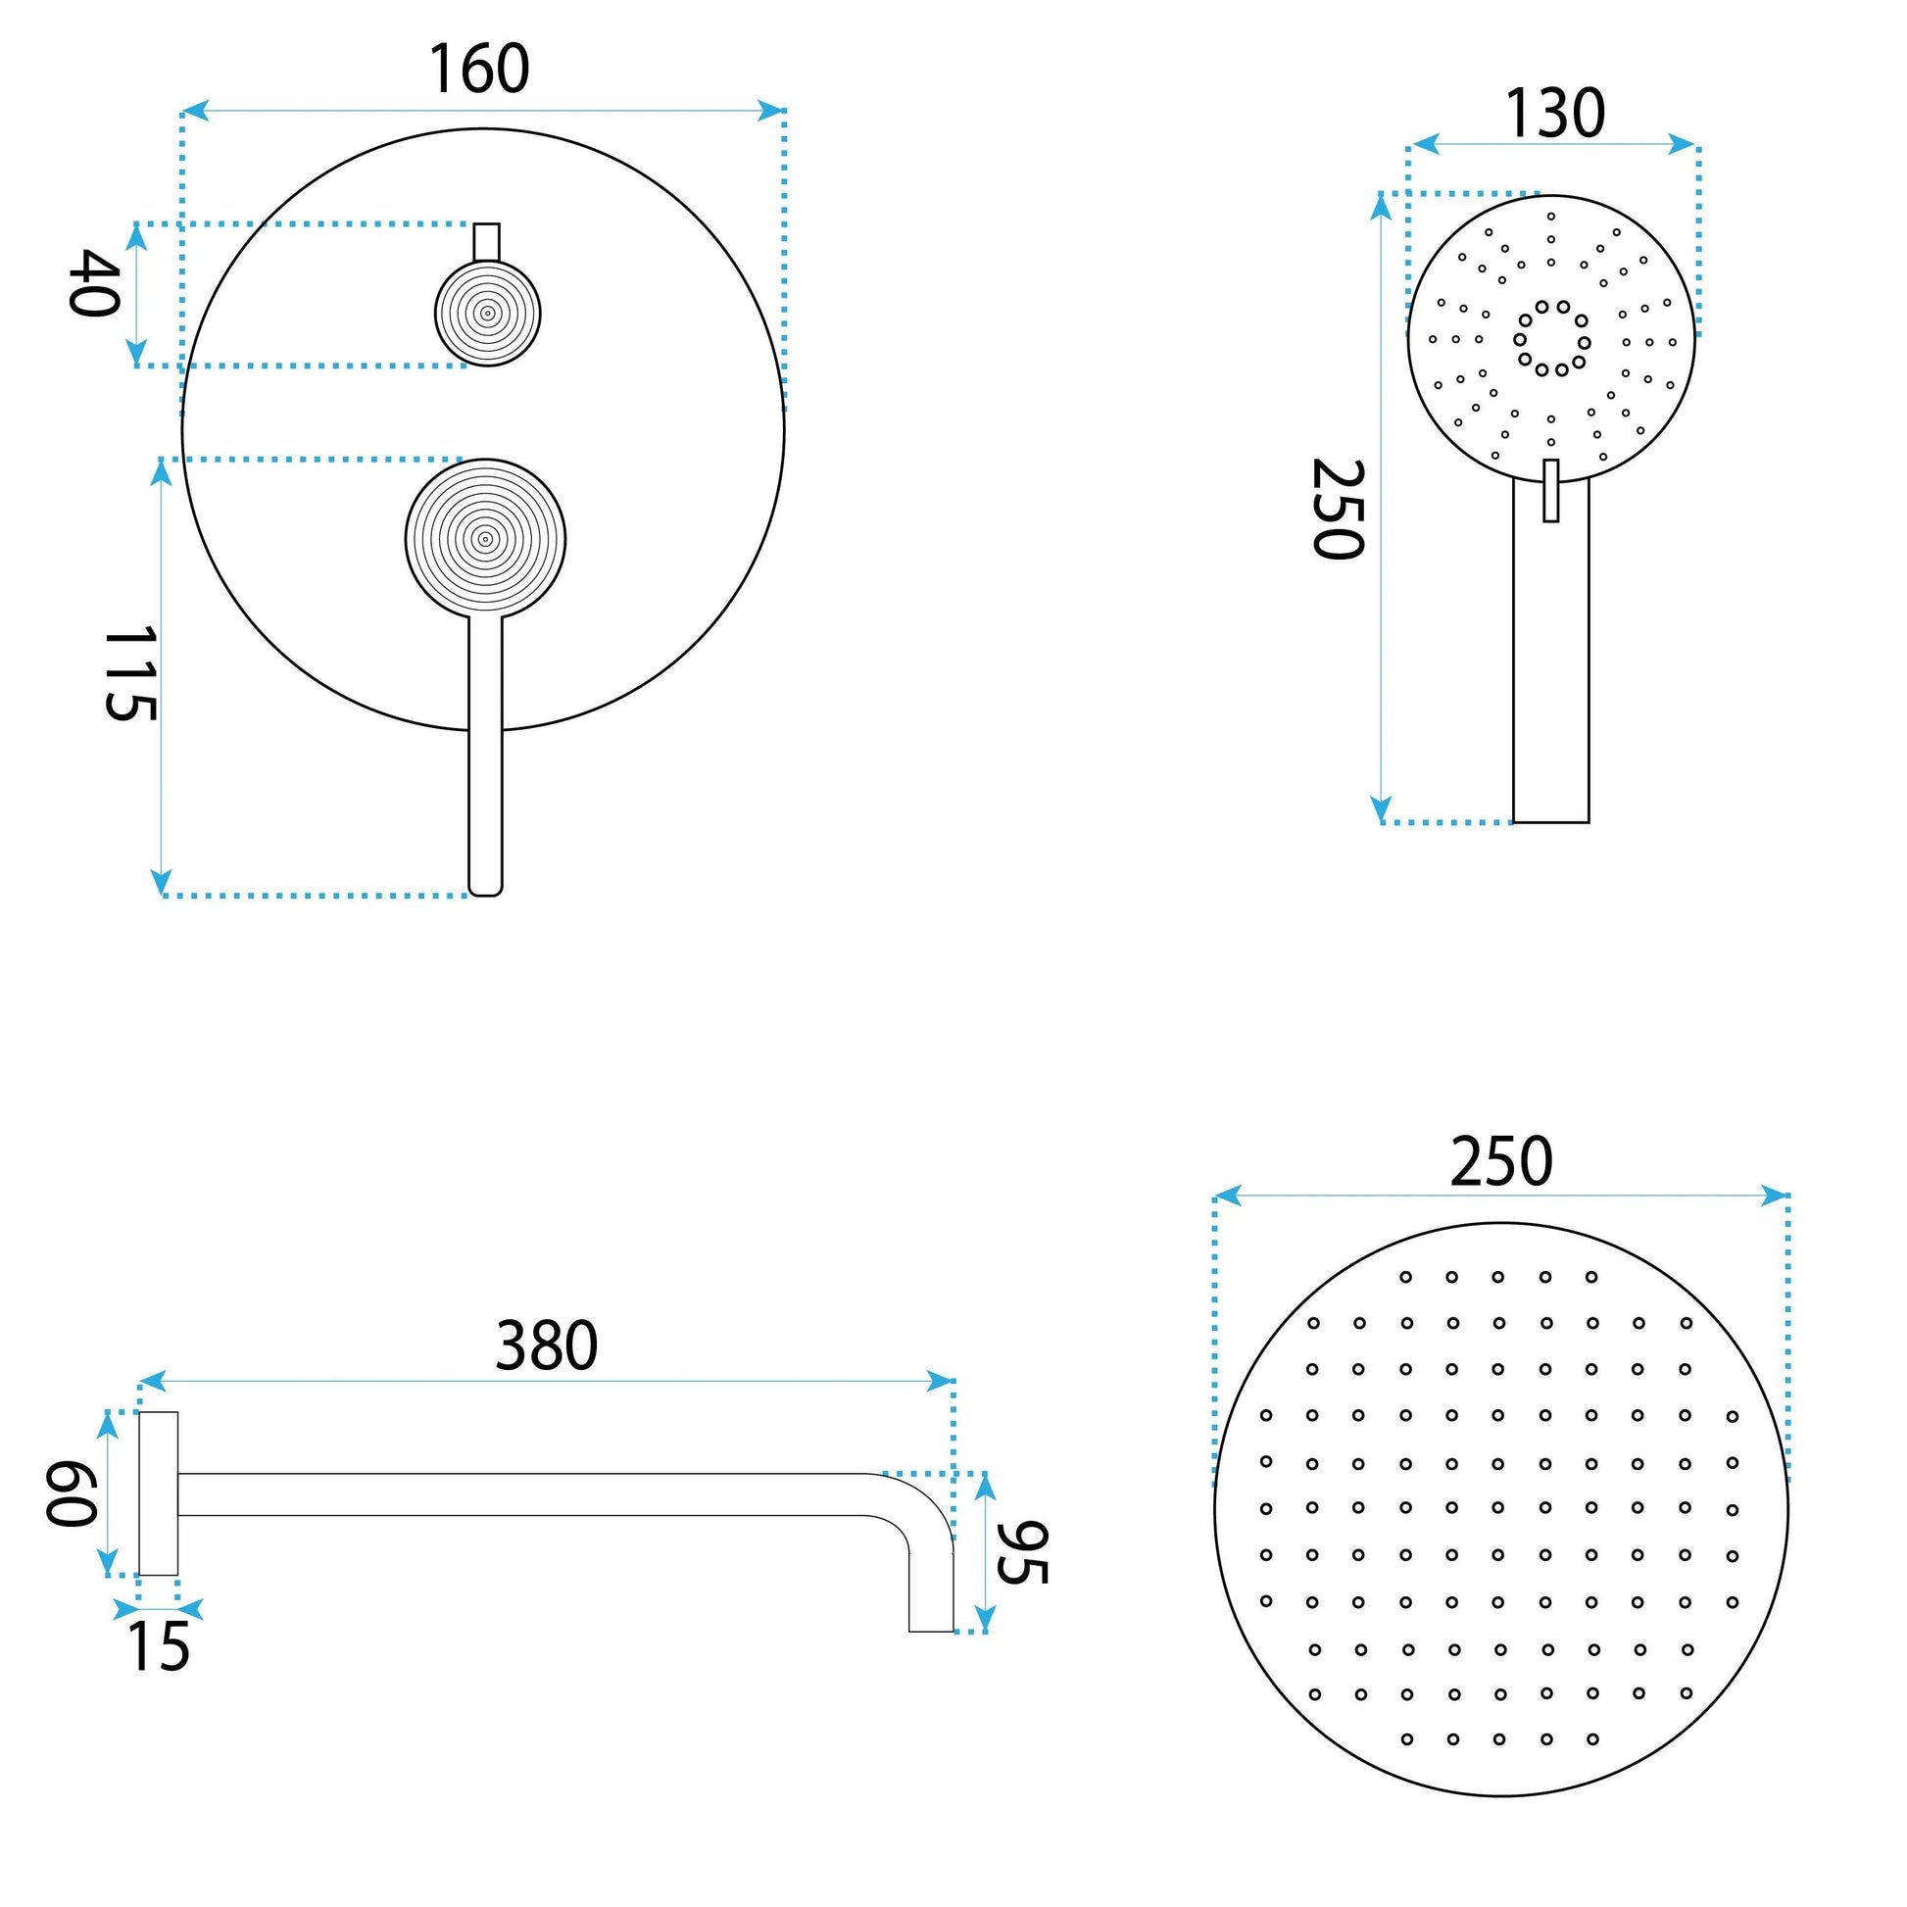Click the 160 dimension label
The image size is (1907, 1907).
(x=479, y=70)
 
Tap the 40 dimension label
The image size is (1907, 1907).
(x=95, y=283)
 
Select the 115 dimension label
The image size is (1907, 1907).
(x=129, y=673)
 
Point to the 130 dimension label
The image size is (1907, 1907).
(x=1554, y=114)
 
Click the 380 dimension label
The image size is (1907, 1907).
(x=546, y=1345)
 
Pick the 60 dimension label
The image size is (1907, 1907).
(x=72, y=1493)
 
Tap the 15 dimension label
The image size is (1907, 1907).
(x=158, y=1647)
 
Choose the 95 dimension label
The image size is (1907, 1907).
(x=1020, y=1552)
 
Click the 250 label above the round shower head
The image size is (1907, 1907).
(x=1501, y=1163)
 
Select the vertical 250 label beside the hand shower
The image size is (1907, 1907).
(x=1338, y=510)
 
